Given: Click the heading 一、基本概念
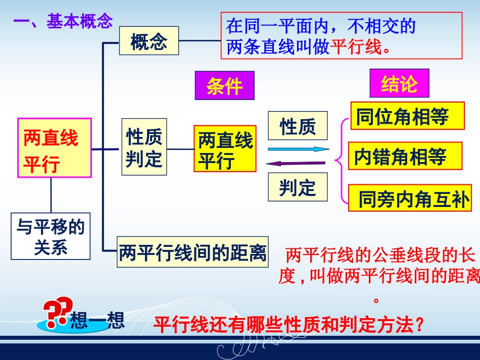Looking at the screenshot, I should click(63, 21).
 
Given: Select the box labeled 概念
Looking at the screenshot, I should click(149, 41).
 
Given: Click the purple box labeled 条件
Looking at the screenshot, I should click(224, 86).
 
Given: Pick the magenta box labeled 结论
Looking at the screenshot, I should click(399, 83).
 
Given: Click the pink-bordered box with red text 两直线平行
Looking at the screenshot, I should click(55, 148).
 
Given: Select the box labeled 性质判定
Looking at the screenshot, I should click(144, 147).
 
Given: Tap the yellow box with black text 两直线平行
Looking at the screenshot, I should click(225, 149).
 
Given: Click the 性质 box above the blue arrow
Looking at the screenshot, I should click(298, 126).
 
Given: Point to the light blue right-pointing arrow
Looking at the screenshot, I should click(298, 149).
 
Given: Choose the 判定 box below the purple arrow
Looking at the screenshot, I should click(298, 187).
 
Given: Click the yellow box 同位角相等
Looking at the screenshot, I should click(407, 116).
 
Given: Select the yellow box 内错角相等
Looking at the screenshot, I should click(405, 156).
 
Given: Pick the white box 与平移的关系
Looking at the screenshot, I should click(51, 236).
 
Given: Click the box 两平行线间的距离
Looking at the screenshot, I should click(193, 251).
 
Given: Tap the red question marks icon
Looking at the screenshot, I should click(56, 315).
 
